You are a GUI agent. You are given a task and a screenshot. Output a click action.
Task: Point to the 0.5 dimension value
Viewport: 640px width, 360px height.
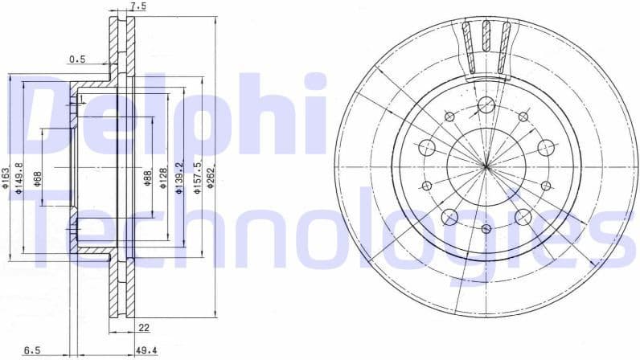coord(77,59)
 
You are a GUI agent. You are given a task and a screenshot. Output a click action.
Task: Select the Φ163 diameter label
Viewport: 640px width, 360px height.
coord(6,178)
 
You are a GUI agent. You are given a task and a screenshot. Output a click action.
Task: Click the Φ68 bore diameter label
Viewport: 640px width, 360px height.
coord(38,178)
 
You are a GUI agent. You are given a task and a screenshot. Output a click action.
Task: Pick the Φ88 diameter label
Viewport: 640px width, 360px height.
coord(147,178)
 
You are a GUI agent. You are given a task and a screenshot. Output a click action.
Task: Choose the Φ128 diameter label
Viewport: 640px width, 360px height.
coord(163,178)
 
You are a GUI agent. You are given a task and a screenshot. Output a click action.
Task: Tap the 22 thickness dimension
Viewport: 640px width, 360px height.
coord(144,327)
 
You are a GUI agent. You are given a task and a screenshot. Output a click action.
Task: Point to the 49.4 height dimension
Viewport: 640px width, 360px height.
coord(146,350)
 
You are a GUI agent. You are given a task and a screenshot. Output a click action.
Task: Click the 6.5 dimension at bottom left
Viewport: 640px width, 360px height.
coord(32,350)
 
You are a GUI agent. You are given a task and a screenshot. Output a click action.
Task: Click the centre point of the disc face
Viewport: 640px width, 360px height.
coord(486,166)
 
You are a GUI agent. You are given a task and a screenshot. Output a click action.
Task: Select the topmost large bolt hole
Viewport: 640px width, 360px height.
coord(486,105)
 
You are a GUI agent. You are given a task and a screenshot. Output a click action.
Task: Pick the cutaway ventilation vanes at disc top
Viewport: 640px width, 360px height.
coord(486,44)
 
